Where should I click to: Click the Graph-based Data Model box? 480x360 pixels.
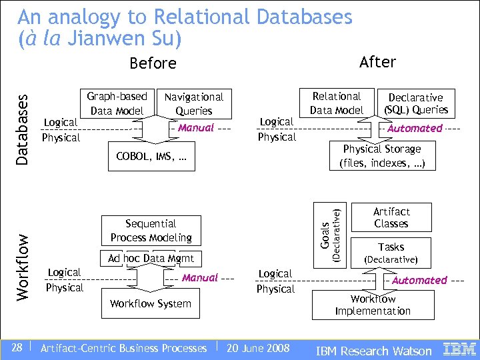[117, 103]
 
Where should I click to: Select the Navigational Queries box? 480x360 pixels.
[193, 104]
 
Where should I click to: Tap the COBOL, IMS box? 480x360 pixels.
[151, 157]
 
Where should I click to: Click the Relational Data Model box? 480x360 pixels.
[337, 103]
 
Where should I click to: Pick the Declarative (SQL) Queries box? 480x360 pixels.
[415, 103]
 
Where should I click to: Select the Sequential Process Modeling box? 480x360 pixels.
[151, 231]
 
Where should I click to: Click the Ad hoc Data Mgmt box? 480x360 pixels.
[151, 259]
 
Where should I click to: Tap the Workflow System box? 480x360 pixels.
[151, 303]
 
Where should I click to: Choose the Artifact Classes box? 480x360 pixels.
[391, 217]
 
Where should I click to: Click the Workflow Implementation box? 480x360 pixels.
[373, 305]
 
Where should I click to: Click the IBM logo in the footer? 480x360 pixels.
[460, 349]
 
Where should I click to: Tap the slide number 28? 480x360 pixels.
[17, 347]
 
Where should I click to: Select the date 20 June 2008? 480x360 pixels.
[258, 348]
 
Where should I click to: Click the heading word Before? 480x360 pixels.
[153, 63]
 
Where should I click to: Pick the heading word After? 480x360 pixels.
[377, 62]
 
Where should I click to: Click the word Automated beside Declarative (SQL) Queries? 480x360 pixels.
[415, 128]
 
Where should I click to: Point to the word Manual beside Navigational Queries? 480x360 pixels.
[196, 127]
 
